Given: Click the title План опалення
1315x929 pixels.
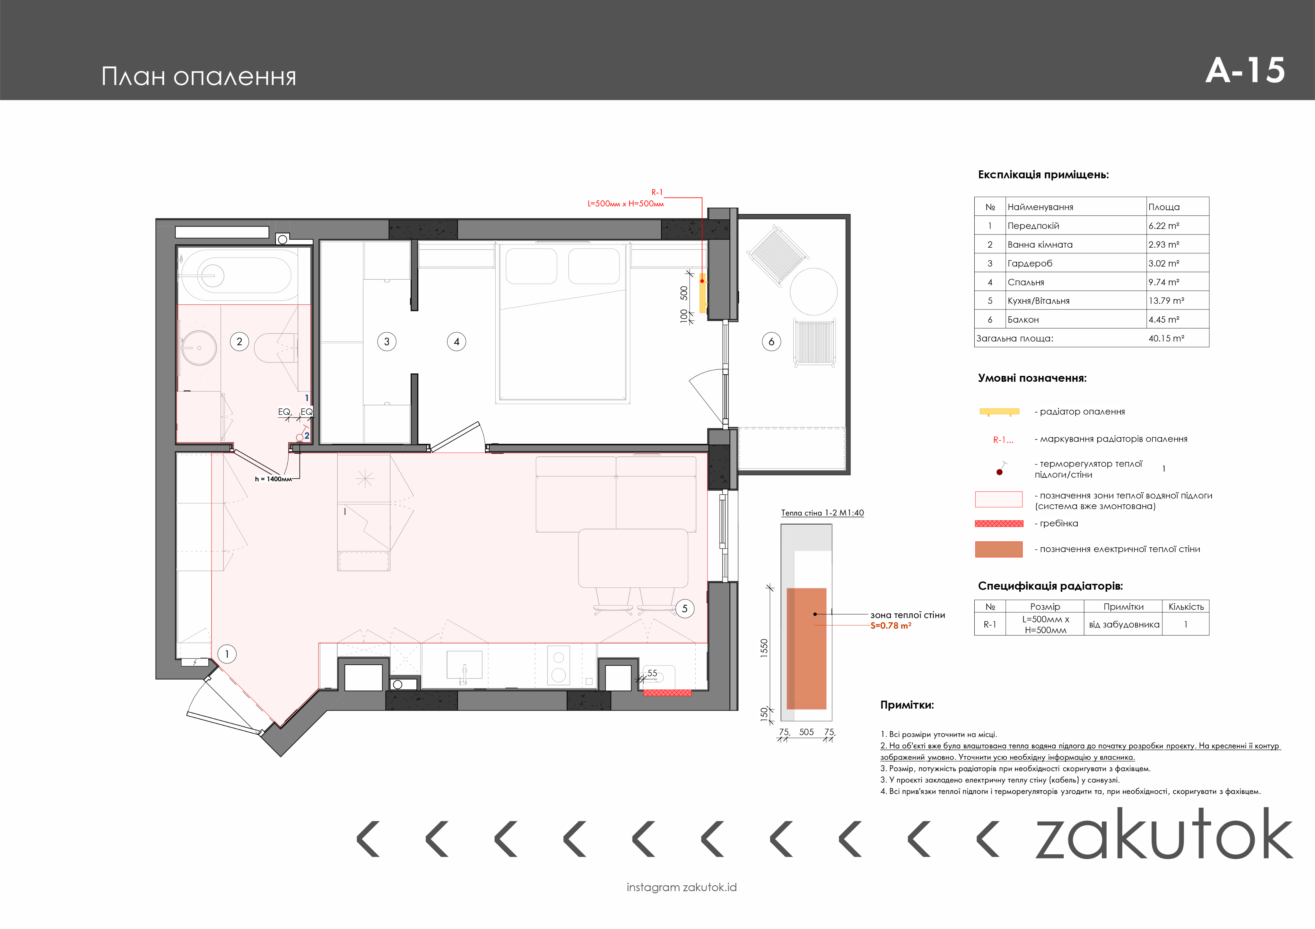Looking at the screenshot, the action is click(x=199, y=76).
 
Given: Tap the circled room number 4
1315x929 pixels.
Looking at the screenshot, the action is click(x=457, y=342).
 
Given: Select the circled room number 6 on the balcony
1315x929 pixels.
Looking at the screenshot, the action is click(x=771, y=342).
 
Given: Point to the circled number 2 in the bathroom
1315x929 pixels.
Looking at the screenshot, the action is click(x=239, y=342).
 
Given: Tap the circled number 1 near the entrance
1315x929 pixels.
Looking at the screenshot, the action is click(x=227, y=654).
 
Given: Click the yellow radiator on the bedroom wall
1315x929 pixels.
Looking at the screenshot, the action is click(x=703, y=293).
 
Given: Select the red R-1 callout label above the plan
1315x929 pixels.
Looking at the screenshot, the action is click(x=657, y=192).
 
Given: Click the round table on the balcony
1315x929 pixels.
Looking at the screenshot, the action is click(x=813, y=292).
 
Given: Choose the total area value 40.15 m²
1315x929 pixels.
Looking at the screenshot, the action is click(x=1166, y=338).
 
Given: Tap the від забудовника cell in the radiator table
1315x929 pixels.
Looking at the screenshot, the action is click(x=1124, y=625).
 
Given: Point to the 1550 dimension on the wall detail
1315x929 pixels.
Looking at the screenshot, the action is click(x=764, y=648).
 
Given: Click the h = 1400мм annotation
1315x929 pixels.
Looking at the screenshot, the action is click(x=273, y=479).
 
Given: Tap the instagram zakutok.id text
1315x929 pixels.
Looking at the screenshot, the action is click(x=682, y=887).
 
